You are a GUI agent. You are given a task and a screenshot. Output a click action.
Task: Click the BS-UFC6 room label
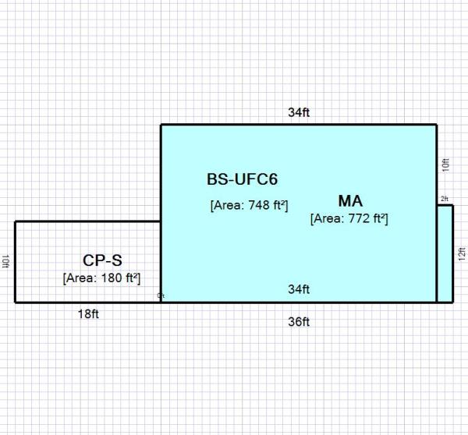[x=242, y=179]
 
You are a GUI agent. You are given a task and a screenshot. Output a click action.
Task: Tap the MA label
[x=350, y=200]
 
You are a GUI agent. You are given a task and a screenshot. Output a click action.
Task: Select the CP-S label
[x=102, y=260]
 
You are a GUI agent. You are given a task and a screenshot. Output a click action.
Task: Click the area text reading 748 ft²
[x=250, y=206]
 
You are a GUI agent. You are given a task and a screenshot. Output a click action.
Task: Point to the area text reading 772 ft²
[x=349, y=219]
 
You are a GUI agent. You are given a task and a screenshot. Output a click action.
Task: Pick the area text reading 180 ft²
[x=102, y=278]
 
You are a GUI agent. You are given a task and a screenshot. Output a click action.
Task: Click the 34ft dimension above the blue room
[x=299, y=112]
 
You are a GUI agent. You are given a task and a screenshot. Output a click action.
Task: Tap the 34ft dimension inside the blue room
[x=299, y=289]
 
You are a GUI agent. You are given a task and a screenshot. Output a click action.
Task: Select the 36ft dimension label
[x=299, y=321]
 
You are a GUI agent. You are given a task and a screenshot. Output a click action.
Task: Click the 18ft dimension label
[x=87, y=314]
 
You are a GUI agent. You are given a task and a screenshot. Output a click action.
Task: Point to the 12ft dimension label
[x=462, y=253]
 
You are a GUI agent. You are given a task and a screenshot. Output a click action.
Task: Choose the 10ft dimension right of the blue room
[x=445, y=164]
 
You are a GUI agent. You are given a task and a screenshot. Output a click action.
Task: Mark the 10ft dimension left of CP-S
[x=5, y=261]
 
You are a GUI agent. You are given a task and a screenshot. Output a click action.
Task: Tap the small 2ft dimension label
[x=445, y=200]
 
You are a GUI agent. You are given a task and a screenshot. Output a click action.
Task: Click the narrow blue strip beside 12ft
[x=445, y=253]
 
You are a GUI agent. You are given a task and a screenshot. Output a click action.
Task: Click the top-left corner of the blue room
[x=161, y=125]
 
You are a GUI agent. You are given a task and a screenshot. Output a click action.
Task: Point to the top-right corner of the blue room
[x=437, y=125]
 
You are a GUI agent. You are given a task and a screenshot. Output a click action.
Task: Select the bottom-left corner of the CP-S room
[x=15, y=302]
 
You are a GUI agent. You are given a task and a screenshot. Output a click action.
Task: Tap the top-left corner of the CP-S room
[x=15, y=221]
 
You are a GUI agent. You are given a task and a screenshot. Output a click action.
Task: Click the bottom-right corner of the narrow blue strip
[x=452, y=302]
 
